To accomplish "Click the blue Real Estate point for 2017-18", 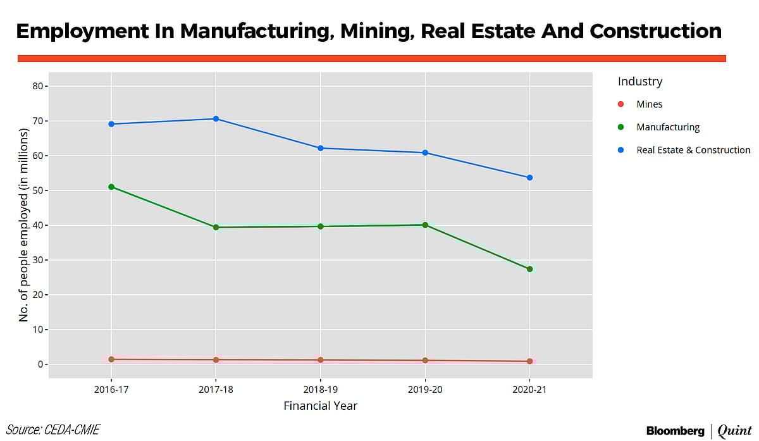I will coord(216,119).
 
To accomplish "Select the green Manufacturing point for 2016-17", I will coord(111,187).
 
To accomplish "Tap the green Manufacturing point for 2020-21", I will coord(529,269).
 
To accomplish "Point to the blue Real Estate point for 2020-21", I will coord(529,178).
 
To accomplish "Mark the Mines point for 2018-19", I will coord(321,360).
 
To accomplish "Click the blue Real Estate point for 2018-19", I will coord(321,148).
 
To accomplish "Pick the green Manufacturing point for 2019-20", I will coord(425,225).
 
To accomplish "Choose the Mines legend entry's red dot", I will coord(620,104).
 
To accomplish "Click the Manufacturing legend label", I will coord(668,127).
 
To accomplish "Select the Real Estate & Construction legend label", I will coord(693,150).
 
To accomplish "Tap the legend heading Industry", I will coord(640,82).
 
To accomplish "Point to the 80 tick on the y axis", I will coord(37,86).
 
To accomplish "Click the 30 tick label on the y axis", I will coord(37,260).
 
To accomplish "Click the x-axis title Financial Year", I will coord(321,406).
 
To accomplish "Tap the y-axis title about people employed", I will coord(24,225).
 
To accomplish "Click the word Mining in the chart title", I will coord(364,31).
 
